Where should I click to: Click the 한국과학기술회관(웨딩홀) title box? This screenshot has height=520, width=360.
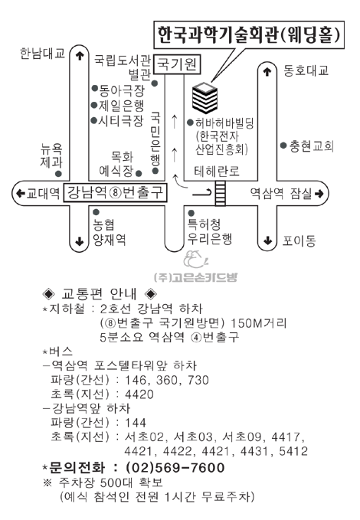(x=249, y=34)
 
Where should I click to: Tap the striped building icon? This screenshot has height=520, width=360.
(x=205, y=98)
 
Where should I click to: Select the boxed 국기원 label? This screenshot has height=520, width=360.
(x=178, y=64)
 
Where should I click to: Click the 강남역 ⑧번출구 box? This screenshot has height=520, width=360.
(x=115, y=193)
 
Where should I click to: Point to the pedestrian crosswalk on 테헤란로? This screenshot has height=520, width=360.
(x=220, y=193)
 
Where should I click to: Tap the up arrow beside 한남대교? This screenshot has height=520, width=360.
(x=80, y=55)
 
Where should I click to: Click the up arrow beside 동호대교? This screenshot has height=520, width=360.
(x=267, y=72)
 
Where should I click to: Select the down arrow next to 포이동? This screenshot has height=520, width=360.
(x=267, y=240)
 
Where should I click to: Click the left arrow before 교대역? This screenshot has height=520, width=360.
(x=21, y=193)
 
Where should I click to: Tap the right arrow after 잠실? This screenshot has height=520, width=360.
(x=319, y=193)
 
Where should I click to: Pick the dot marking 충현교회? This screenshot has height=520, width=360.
(x=283, y=146)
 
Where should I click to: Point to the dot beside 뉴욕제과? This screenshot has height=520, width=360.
(x=58, y=173)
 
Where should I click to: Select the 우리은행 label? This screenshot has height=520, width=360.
(x=210, y=238)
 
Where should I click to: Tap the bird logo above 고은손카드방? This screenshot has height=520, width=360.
(x=195, y=259)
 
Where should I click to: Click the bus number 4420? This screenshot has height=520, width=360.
(x=139, y=394)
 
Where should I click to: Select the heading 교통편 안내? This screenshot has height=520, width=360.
(x=99, y=293)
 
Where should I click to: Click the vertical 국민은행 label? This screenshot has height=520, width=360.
(x=155, y=139)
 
